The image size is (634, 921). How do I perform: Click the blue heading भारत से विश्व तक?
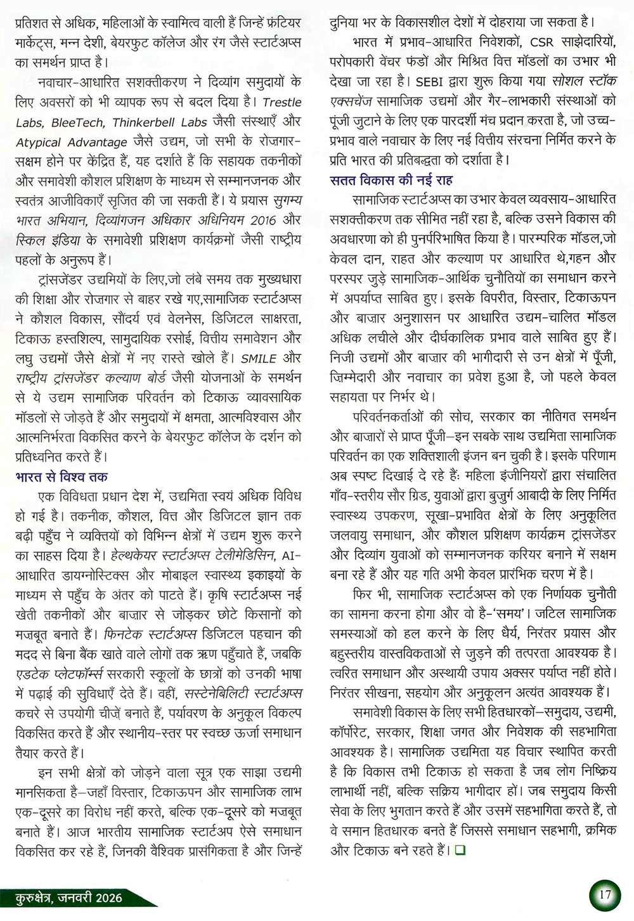61,477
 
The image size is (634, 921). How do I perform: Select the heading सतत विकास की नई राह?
391,180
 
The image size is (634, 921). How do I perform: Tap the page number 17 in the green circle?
604,894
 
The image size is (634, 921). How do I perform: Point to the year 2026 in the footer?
106,898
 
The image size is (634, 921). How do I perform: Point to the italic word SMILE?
259,358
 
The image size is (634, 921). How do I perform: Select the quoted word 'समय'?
514,614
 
